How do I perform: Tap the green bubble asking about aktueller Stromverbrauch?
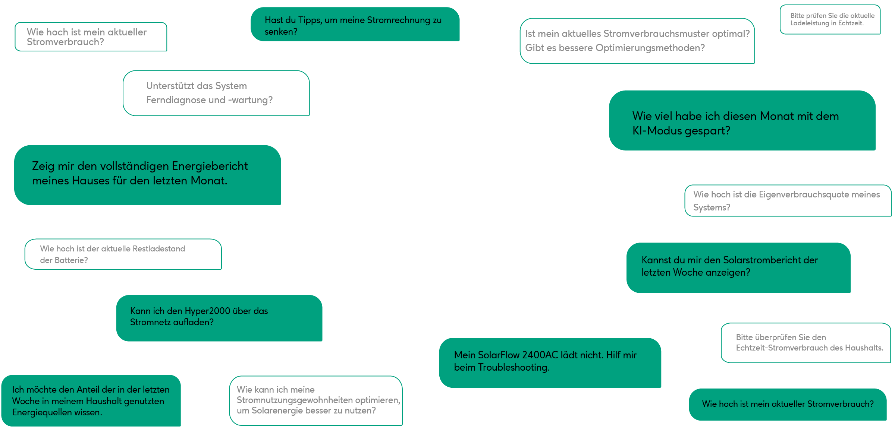[x=788, y=405]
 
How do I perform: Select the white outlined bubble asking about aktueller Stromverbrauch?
[x=91, y=37]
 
